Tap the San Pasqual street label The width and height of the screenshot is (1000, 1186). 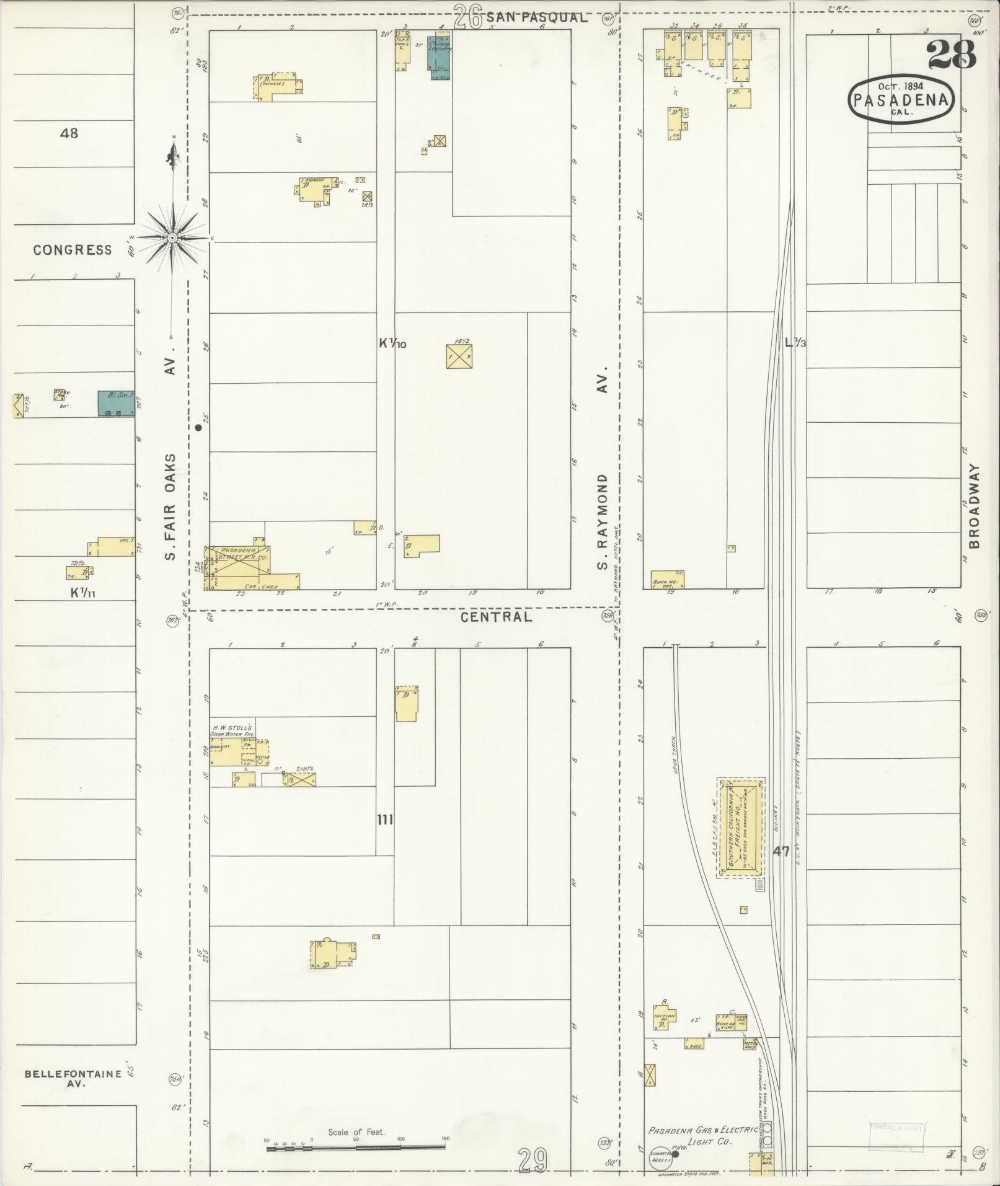pos(536,18)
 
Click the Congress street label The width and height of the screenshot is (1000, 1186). pos(73,250)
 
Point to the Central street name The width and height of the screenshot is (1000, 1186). pos(496,617)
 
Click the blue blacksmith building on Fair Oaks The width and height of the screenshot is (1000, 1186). pos(116,403)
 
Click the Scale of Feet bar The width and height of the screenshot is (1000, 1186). pos(356,1148)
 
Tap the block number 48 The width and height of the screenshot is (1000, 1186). pos(69,133)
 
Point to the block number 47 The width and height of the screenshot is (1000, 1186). pos(781,851)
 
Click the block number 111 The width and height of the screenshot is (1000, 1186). pos(385,820)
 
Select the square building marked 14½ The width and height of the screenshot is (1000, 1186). pos(459,356)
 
